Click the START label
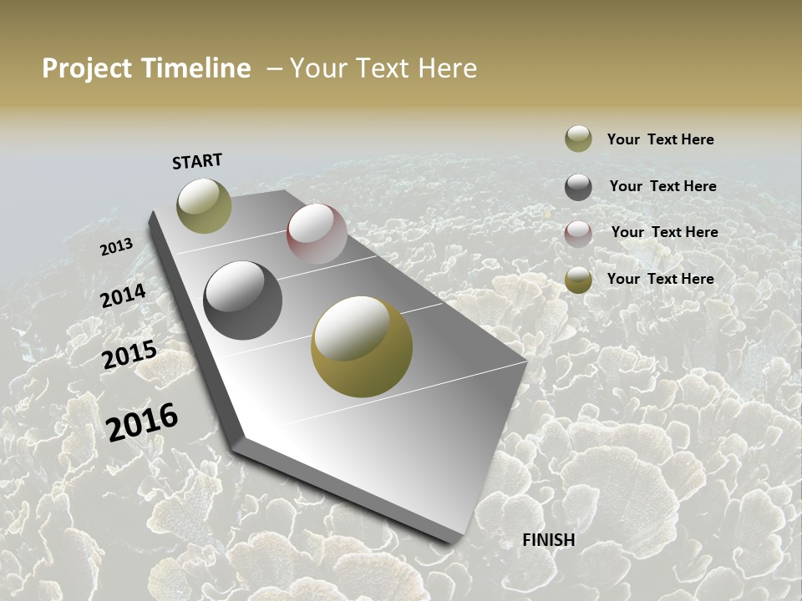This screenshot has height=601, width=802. pyautogui.click(x=197, y=161)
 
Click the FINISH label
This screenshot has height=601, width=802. pyautogui.click(x=549, y=540)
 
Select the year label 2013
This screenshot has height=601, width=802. pyautogui.click(x=117, y=247)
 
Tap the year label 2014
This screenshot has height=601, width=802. pyautogui.click(x=124, y=296)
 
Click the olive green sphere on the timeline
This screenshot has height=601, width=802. pyautogui.click(x=205, y=205)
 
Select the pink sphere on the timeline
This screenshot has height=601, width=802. pyautogui.click(x=317, y=233)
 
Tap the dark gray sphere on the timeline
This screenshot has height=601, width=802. pyautogui.click(x=243, y=300)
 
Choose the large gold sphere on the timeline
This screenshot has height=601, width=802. pyautogui.click(x=362, y=346)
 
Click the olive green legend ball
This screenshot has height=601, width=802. pyautogui.click(x=578, y=139)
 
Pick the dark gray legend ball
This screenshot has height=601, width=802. pyautogui.click(x=578, y=187)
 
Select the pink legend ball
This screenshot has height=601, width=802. pyautogui.click(x=578, y=234)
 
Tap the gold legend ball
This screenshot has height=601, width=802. pyautogui.click(x=578, y=280)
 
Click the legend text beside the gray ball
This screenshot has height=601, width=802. pyautogui.click(x=663, y=186)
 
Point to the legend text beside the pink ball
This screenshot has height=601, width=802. pyautogui.click(x=665, y=232)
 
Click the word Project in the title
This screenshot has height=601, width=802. pyautogui.click(x=87, y=68)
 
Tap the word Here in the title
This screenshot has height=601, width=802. pyautogui.click(x=447, y=68)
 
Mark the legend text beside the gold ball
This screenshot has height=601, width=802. pyautogui.click(x=661, y=279)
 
